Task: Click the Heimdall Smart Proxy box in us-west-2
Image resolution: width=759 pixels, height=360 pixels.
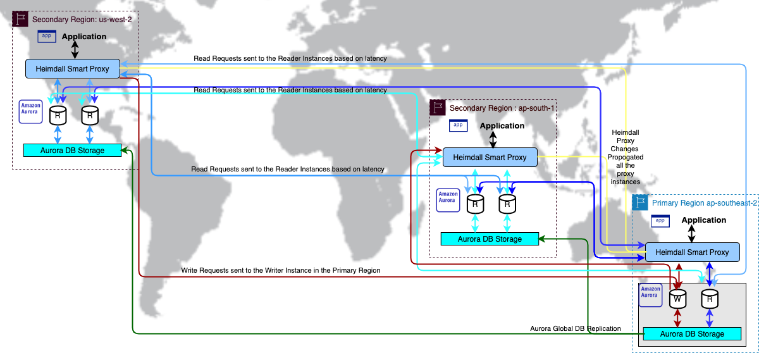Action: click(x=72, y=69)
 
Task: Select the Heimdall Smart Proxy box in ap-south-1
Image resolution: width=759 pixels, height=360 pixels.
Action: click(x=490, y=157)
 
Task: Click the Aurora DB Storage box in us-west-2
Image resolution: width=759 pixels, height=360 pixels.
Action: click(x=72, y=150)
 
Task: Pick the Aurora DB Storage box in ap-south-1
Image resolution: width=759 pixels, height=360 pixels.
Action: click(x=490, y=239)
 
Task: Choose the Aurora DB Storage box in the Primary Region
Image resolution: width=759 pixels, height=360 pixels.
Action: click(x=692, y=333)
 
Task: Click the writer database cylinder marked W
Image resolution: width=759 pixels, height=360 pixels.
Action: click(x=677, y=295)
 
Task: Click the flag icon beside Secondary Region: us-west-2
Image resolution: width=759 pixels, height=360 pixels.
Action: click(x=20, y=19)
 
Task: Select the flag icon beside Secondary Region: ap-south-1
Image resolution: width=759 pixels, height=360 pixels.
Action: click(x=437, y=107)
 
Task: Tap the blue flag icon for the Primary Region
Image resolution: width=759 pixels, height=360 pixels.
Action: click(x=640, y=202)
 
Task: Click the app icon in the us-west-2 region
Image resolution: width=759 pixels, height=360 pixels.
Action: click(x=47, y=36)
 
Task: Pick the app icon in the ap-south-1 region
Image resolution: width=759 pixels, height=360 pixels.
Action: click(x=459, y=125)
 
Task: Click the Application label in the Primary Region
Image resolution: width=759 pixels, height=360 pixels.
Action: click(x=704, y=220)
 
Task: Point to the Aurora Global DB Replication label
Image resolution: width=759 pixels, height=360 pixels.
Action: click(x=575, y=328)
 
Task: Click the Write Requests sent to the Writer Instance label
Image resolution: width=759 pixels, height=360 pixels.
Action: click(x=281, y=270)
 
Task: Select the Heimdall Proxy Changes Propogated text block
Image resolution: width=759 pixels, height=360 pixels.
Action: click(x=625, y=157)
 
